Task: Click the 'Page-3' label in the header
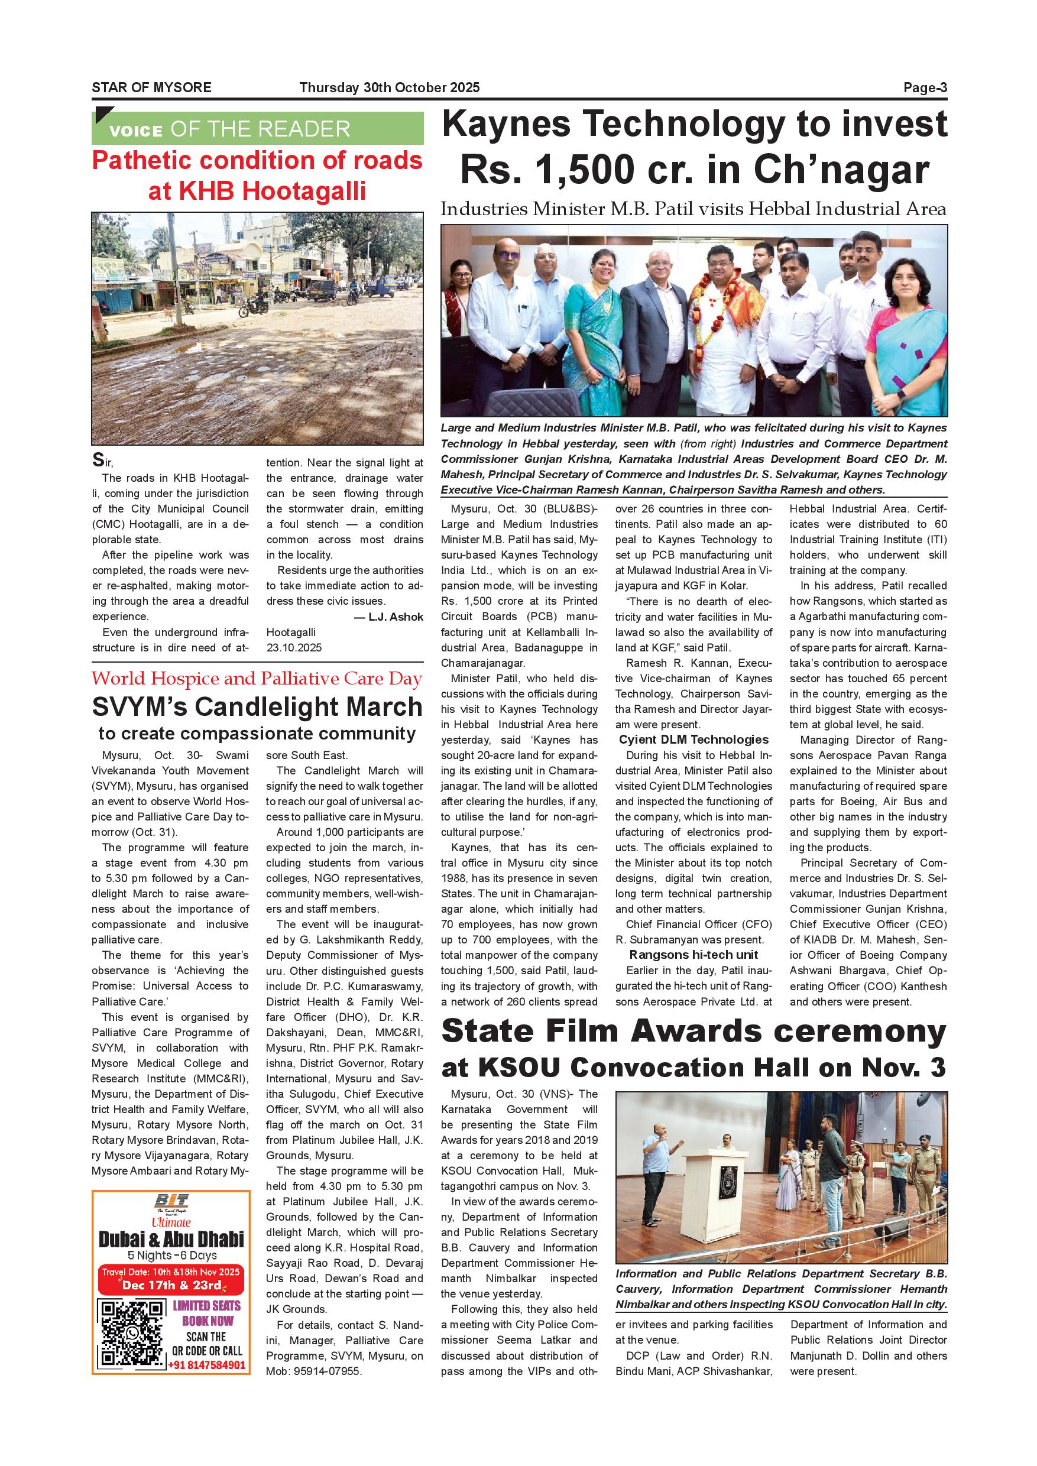point(925,87)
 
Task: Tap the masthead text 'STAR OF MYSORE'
point(151,87)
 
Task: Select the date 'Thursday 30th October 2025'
point(390,87)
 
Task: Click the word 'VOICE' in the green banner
point(135,131)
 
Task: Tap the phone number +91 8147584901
point(207,1365)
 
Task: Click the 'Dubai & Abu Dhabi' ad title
point(171,1240)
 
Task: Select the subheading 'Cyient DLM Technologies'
point(694,740)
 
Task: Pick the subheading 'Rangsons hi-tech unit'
point(694,955)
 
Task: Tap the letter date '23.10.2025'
point(294,647)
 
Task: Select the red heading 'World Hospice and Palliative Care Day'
point(257,678)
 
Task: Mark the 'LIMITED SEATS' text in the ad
point(207,1305)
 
